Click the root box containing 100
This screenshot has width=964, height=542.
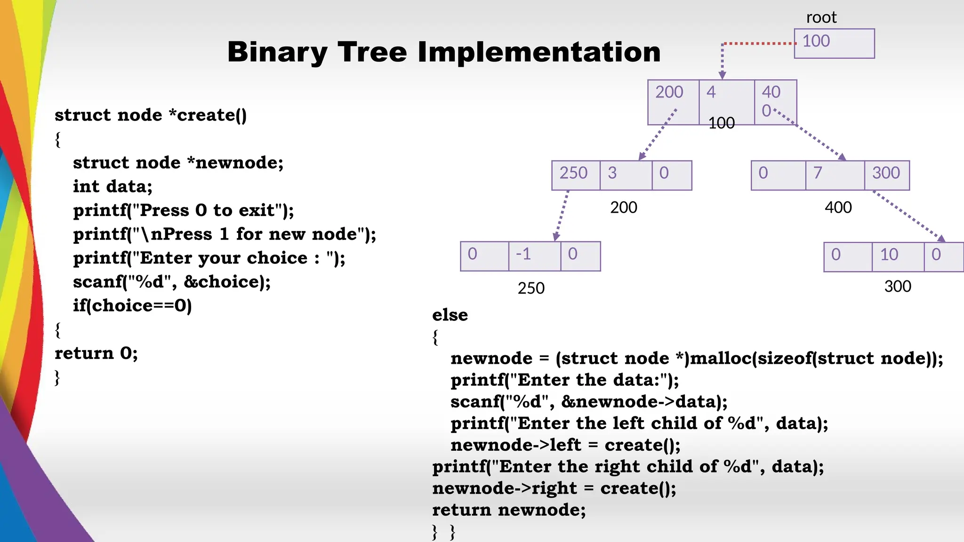pyautogui.click(x=834, y=43)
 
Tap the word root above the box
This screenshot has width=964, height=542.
pyautogui.click(x=821, y=17)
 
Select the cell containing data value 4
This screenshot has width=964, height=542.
pyautogui.click(x=726, y=102)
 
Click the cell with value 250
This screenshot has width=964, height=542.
pyautogui.click(x=576, y=175)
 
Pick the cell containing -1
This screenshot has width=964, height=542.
pyautogui.click(x=534, y=256)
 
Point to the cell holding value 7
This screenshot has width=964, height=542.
pyautogui.click(x=835, y=175)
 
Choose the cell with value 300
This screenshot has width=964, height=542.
pyautogui.click(x=886, y=175)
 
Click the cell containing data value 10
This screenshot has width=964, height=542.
pyautogui.click(x=898, y=257)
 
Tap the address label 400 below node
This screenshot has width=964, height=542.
pyautogui.click(x=838, y=207)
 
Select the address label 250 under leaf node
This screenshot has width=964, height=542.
pyautogui.click(x=531, y=288)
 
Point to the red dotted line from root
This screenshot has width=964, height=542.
pyautogui.click(x=758, y=43)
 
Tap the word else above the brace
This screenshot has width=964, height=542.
pyautogui.click(x=450, y=315)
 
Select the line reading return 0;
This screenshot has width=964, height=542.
pyautogui.click(x=96, y=353)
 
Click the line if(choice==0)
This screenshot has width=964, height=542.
pyautogui.click(x=132, y=306)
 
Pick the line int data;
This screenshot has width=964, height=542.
pyautogui.click(x=112, y=187)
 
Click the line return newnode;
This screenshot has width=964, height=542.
pyautogui.click(x=509, y=510)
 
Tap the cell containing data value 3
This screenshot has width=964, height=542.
pyautogui.click(x=626, y=175)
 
